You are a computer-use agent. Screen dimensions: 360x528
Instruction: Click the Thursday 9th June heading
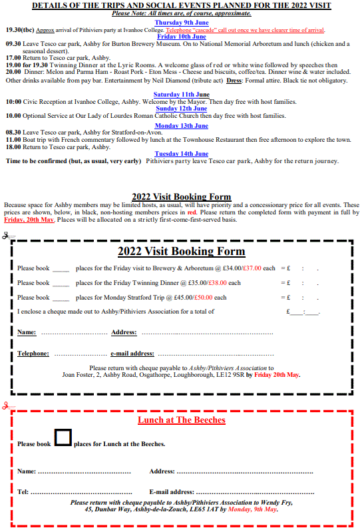[x=182, y=23]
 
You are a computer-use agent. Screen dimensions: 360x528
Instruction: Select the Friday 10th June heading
[x=182, y=36]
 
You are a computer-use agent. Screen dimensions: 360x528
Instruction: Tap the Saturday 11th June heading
[x=182, y=95]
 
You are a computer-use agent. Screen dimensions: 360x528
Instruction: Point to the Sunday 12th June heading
[x=182, y=108]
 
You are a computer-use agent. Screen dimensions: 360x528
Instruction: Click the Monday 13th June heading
[x=182, y=125]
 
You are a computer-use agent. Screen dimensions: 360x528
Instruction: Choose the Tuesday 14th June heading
[x=182, y=154]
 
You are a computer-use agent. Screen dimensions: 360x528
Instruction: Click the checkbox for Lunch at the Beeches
[x=63, y=437]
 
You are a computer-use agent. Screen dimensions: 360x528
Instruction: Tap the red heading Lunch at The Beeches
[x=182, y=420]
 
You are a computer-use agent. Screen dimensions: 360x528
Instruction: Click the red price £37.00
[x=252, y=268]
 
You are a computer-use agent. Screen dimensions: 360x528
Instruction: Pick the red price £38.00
[x=199, y=283]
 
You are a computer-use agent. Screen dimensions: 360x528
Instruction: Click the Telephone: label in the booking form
[x=33, y=354]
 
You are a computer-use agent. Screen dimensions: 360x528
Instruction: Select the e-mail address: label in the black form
[x=132, y=354]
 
